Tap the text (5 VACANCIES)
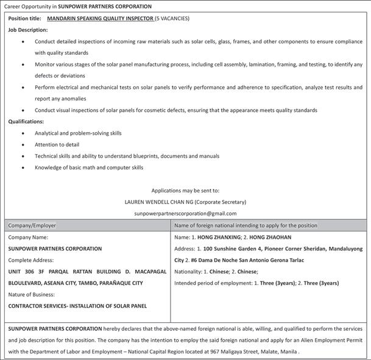(x=172, y=18)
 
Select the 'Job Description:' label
(x=27, y=30)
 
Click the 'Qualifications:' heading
(x=26, y=121)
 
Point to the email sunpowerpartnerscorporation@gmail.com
(x=185, y=213)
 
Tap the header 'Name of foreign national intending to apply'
(x=246, y=225)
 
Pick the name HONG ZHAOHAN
(x=270, y=237)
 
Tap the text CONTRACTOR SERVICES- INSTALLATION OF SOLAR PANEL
(x=77, y=306)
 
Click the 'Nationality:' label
(x=191, y=272)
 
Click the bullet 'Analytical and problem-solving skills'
(x=78, y=133)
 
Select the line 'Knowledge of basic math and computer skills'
(x=89, y=168)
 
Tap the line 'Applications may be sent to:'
(x=185, y=190)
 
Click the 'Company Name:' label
(x=28, y=237)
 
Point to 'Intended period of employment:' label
(x=214, y=283)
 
